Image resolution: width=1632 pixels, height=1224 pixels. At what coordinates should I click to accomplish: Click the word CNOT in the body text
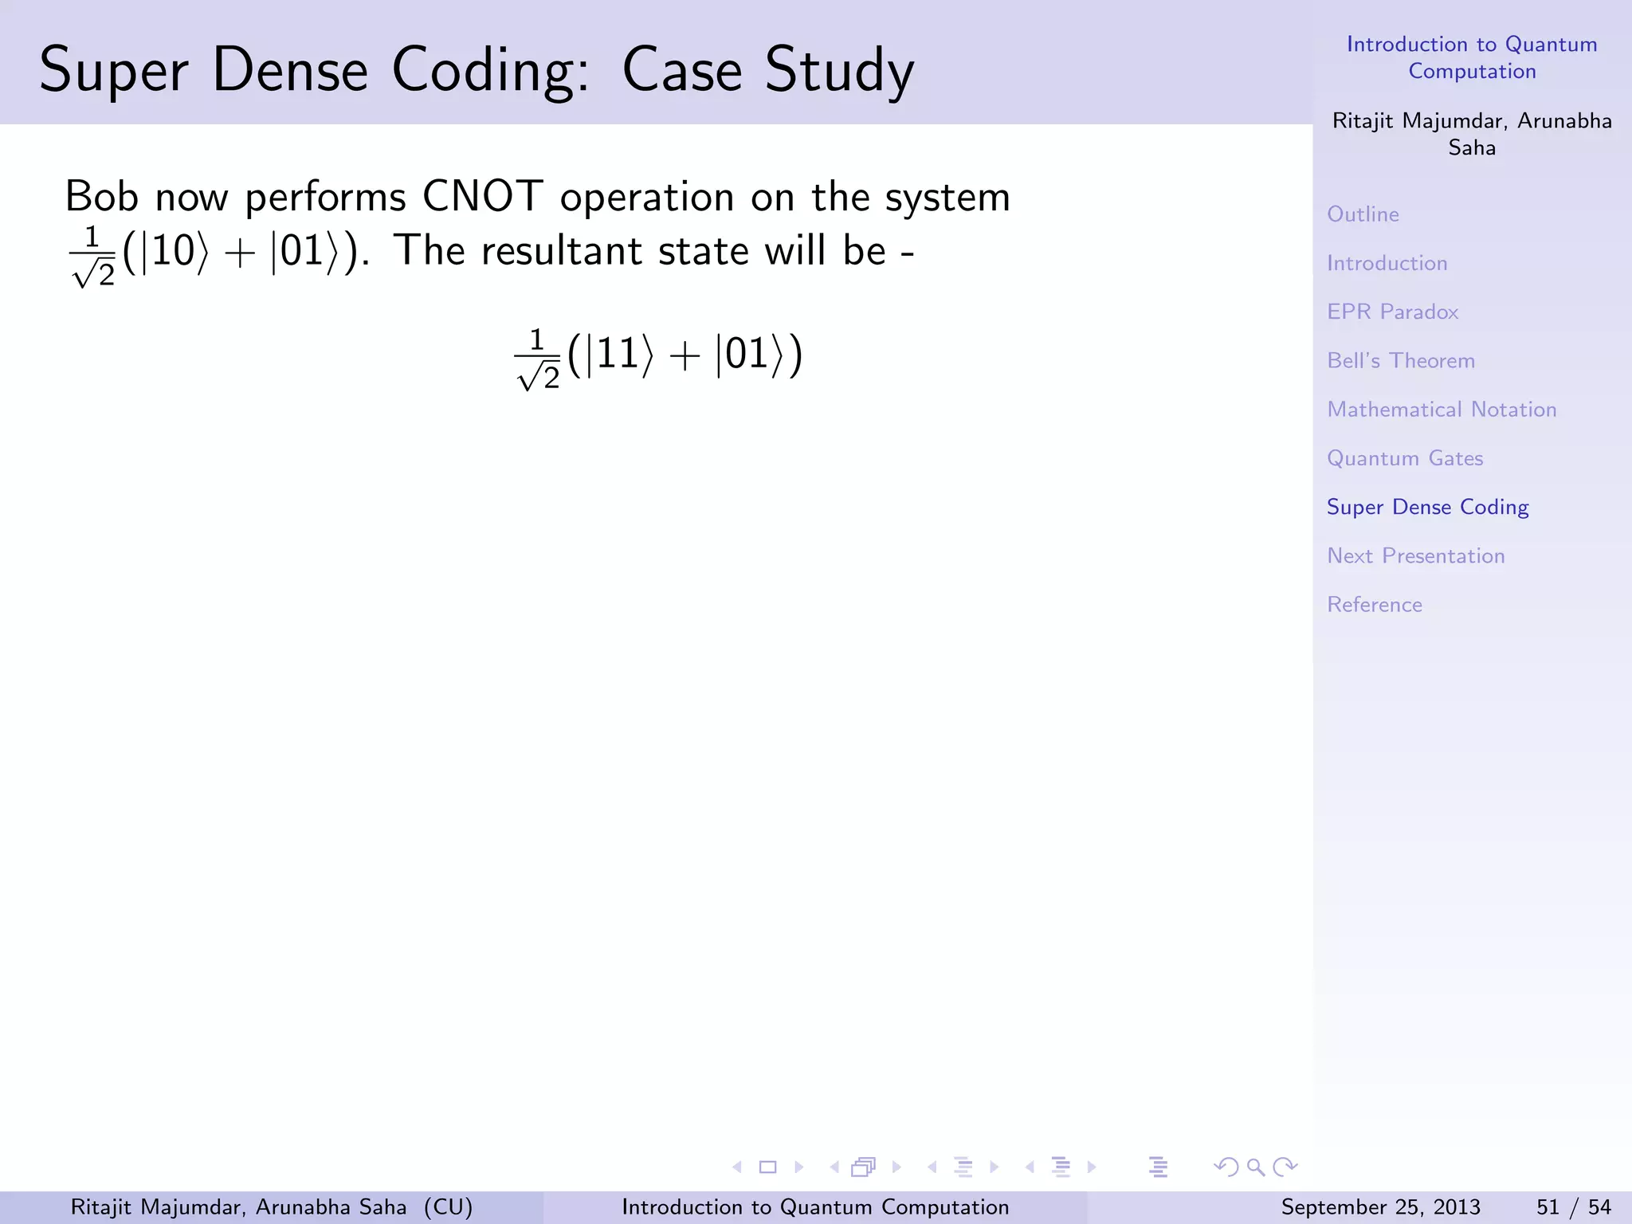point(482,196)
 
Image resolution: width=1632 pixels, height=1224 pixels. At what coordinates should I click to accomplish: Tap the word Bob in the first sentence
point(101,196)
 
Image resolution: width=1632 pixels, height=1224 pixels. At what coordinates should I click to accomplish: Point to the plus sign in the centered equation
point(685,355)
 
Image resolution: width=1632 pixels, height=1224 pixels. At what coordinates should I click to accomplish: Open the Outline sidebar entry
point(1363,214)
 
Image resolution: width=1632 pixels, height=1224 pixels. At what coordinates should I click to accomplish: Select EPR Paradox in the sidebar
point(1392,312)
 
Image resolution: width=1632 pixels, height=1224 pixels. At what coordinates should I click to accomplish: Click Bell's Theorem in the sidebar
point(1401,361)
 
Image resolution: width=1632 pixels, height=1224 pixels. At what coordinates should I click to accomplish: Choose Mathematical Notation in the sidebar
point(1442,410)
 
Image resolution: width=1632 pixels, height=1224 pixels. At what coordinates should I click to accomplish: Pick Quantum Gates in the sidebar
point(1405,458)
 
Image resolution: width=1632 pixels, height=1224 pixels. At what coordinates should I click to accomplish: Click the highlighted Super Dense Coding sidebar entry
point(1427,508)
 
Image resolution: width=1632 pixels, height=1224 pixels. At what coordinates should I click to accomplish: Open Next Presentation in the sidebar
point(1415,556)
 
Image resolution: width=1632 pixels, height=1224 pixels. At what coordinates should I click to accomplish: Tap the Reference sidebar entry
point(1375,605)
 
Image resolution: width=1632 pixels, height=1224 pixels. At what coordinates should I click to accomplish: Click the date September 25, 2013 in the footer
point(1380,1207)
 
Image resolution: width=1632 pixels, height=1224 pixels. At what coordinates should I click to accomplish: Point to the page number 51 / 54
point(1573,1207)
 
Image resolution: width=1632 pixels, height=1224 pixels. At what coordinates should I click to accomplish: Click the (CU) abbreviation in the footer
point(448,1207)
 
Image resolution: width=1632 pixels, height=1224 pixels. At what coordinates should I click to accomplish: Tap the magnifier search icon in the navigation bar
point(1256,1167)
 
